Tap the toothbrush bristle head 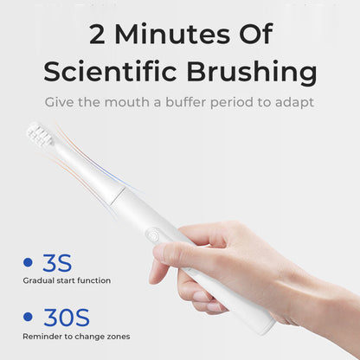point(40,135)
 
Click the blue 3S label point(57,261)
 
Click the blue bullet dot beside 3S point(27,262)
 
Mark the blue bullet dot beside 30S point(27,318)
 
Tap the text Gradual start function point(67,280)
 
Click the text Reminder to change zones point(76,336)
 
